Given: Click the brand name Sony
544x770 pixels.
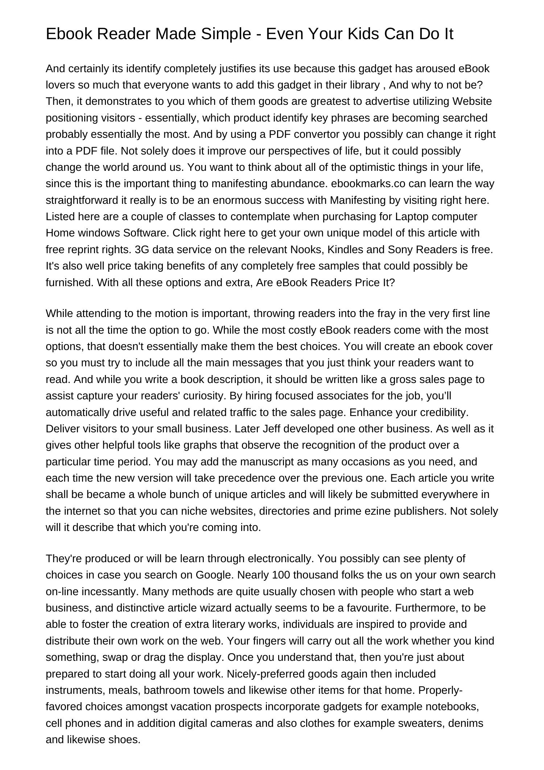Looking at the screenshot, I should coord(400,250).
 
